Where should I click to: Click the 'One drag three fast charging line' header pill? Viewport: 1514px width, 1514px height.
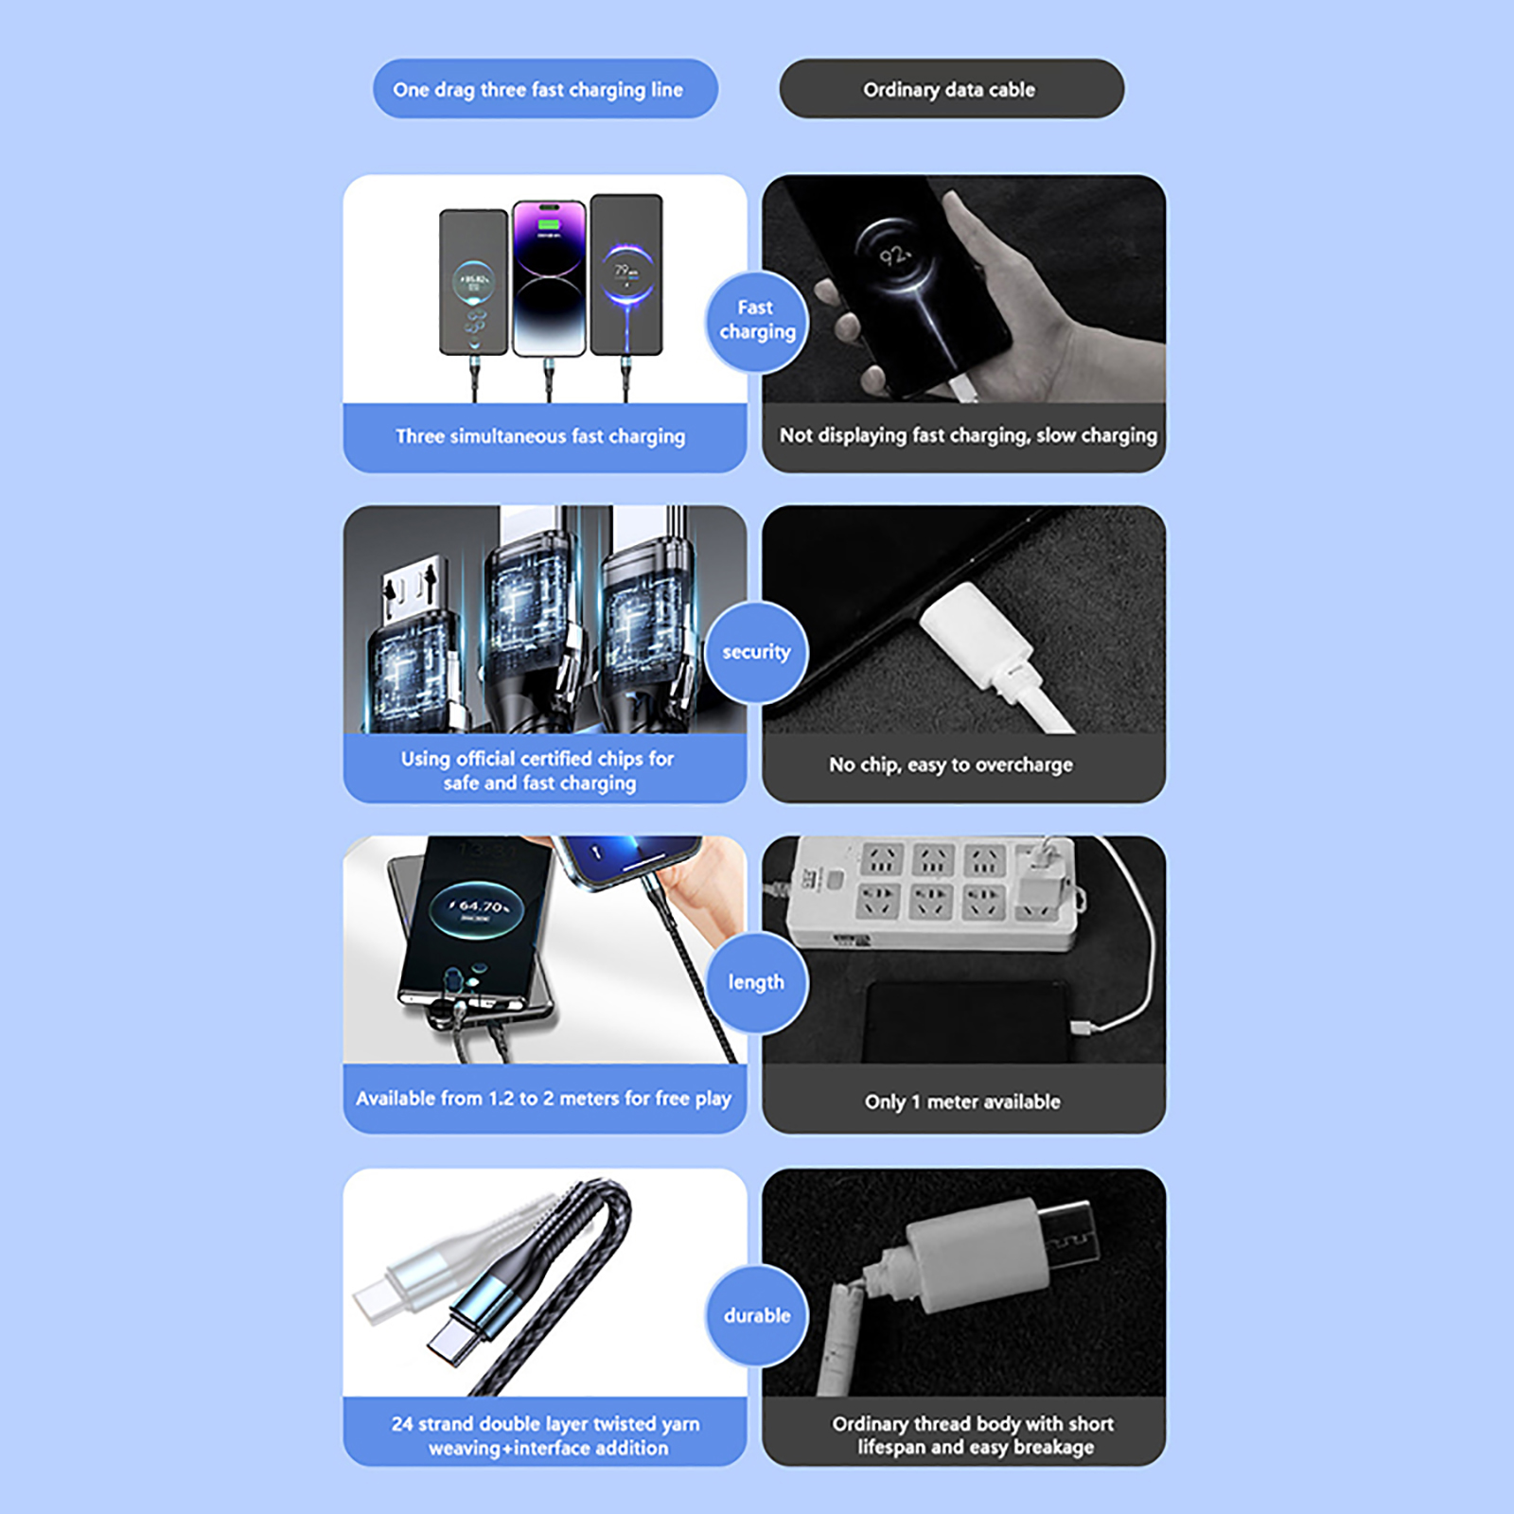(545, 89)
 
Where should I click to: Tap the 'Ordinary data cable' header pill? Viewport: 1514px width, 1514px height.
(951, 89)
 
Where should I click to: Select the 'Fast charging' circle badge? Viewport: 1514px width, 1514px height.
(757, 320)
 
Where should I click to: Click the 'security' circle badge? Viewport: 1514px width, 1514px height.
(756, 652)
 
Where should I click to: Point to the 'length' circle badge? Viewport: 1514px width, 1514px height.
(756, 982)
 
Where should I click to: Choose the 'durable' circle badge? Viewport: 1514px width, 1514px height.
(757, 1315)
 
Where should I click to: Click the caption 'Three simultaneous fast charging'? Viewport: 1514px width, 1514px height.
(540, 436)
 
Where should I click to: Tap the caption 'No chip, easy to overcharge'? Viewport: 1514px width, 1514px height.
(951, 765)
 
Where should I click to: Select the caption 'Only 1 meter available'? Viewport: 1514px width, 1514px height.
(962, 1101)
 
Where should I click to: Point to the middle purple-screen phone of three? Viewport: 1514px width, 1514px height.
(549, 278)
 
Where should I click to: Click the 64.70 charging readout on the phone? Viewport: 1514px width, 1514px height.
(482, 907)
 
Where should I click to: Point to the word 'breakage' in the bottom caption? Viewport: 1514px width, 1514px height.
(1053, 1448)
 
